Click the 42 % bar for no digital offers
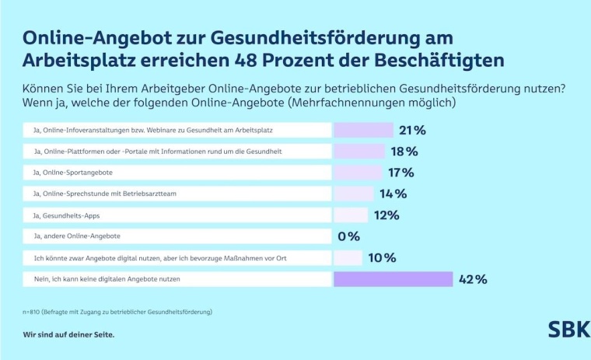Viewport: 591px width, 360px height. click(x=393, y=279)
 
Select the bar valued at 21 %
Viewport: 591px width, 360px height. click(x=363, y=130)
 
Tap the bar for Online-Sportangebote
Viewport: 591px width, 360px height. click(x=358, y=173)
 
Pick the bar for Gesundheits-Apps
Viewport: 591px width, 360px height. click(x=351, y=215)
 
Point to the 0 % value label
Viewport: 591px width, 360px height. click(x=348, y=236)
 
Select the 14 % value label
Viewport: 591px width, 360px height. click(x=393, y=194)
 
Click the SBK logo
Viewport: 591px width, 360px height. click(x=568, y=329)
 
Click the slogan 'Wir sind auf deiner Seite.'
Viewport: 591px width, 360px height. click(x=68, y=335)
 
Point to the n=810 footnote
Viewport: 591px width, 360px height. click(x=117, y=312)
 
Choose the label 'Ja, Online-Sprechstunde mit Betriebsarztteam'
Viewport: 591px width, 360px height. click(x=106, y=194)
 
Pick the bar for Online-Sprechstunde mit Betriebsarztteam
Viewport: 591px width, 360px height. click(x=354, y=194)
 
